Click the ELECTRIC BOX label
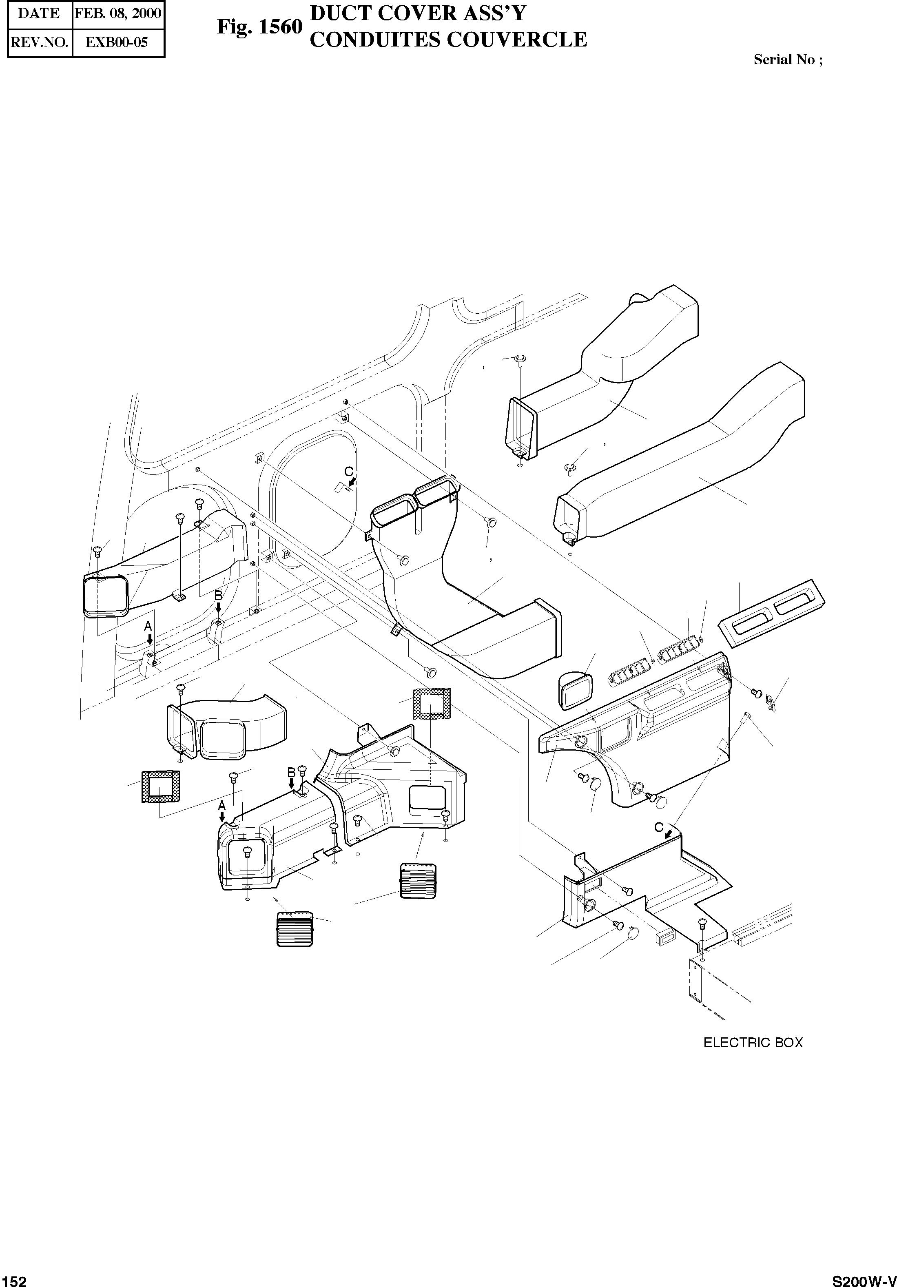pos(753,1043)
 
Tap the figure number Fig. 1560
pos(259,27)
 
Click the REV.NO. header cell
pos(39,42)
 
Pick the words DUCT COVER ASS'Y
pos(418,13)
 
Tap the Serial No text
pos(788,60)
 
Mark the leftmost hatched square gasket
pos(161,787)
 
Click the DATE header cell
pos(39,13)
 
